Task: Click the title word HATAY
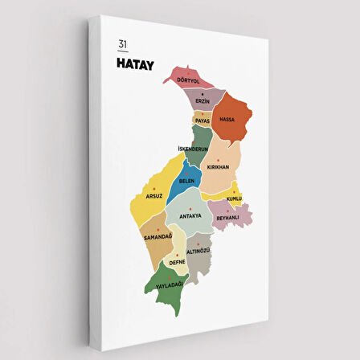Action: click(135, 62)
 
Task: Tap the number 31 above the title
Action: click(122, 44)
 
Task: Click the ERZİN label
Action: click(202, 100)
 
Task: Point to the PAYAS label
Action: click(202, 121)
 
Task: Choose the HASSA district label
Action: click(227, 119)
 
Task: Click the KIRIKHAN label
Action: click(219, 167)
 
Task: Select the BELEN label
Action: click(187, 181)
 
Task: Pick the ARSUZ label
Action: click(154, 195)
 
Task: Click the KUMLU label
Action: click(234, 198)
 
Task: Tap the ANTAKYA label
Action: click(190, 215)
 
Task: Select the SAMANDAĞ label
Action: click(157, 236)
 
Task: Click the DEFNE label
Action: click(177, 261)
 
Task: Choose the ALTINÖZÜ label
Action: click(198, 252)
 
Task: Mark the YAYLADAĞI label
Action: click(170, 284)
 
